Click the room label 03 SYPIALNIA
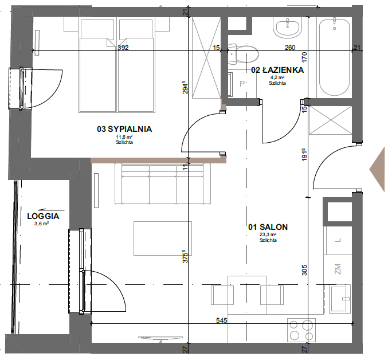(x=124, y=129)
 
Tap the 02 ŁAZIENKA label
(x=277, y=70)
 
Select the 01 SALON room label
(x=268, y=227)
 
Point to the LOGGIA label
(x=43, y=216)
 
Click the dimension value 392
(x=123, y=48)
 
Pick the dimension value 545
(x=221, y=320)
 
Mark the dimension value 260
(x=290, y=48)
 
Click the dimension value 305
(x=304, y=270)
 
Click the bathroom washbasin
(x=288, y=28)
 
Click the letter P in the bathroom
(x=242, y=84)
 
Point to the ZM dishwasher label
(x=338, y=269)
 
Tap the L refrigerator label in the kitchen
(x=338, y=240)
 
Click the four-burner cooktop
(x=301, y=330)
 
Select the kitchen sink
(x=340, y=299)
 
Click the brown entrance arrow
(x=377, y=169)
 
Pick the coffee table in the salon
(x=163, y=238)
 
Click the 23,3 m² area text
(x=268, y=234)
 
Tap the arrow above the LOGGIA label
(x=52, y=210)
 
